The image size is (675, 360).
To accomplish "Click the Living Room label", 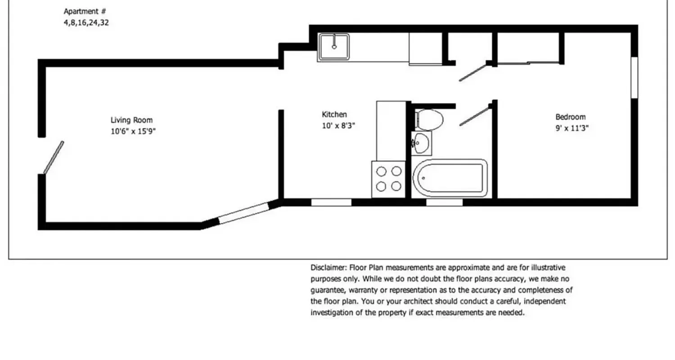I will [x=131, y=120].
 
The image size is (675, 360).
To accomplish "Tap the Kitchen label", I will [x=334, y=114].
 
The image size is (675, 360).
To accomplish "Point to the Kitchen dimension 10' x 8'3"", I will [x=338, y=126].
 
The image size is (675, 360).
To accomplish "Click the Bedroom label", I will [x=570, y=117].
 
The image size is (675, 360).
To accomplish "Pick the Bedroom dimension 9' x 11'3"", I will [x=571, y=128].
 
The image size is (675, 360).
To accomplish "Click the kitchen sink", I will [x=334, y=47].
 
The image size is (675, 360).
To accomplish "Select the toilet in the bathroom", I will [x=429, y=120].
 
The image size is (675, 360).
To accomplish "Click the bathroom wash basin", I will [x=422, y=143].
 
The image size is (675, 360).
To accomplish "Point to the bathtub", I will [x=450, y=178].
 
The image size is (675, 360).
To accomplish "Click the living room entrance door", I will [x=54, y=157].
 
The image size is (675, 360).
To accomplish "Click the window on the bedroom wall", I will [x=634, y=77].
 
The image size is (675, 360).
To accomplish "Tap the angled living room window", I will [x=243, y=213].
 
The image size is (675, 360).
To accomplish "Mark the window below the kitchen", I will [x=331, y=202].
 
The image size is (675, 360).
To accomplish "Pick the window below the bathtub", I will [x=444, y=202].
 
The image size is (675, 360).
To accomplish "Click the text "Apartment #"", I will [x=85, y=11].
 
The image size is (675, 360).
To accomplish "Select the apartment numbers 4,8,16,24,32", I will [x=86, y=22].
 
